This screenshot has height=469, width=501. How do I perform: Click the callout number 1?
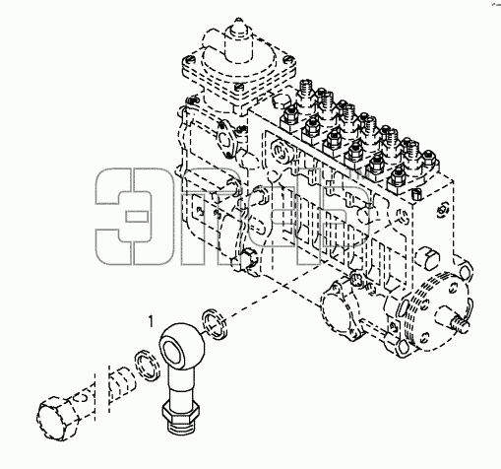[151, 321]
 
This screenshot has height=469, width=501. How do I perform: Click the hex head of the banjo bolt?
[53, 417]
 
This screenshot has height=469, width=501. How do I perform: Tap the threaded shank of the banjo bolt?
[121, 382]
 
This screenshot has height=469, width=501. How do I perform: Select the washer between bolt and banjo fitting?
[147, 366]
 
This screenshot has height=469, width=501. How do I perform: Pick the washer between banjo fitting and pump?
[215, 323]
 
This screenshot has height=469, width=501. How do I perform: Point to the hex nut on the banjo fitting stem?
[181, 412]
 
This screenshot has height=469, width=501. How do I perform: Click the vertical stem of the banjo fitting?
[182, 383]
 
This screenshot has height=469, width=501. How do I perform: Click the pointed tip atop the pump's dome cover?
[238, 24]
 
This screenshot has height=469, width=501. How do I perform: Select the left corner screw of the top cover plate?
[189, 60]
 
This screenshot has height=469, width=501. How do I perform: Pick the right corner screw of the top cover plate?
[287, 59]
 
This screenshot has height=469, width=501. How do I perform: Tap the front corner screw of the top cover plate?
[238, 87]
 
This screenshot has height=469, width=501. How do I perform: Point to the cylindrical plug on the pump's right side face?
[426, 258]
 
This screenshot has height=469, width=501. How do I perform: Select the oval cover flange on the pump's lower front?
[342, 308]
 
